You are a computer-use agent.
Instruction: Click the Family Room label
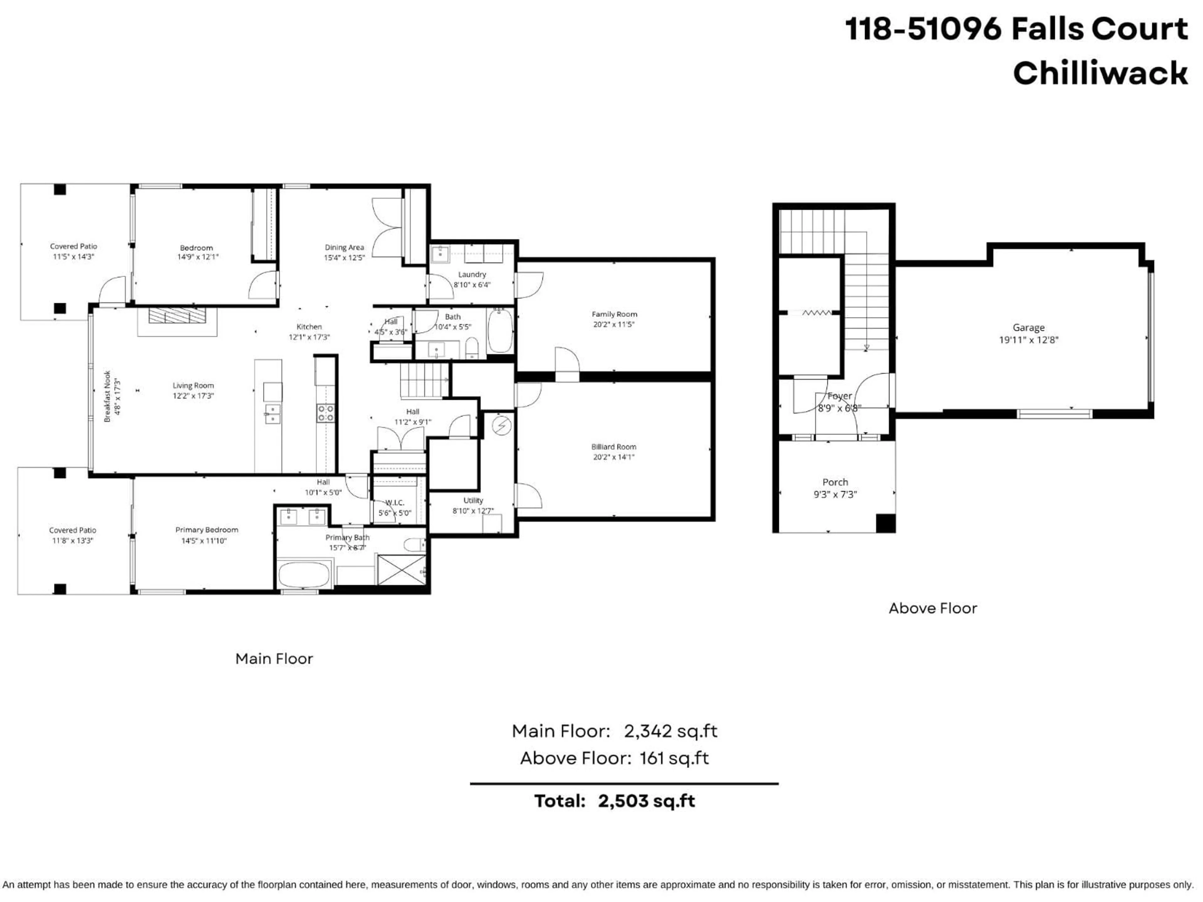[x=614, y=314]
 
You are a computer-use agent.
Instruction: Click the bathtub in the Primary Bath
[x=304, y=575]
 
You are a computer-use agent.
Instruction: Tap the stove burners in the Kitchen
[x=326, y=413]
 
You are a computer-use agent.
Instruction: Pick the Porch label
[x=835, y=482]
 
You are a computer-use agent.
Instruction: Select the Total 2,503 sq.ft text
[x=615, y=801]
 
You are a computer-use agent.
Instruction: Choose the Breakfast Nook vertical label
[x=108, y=397]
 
